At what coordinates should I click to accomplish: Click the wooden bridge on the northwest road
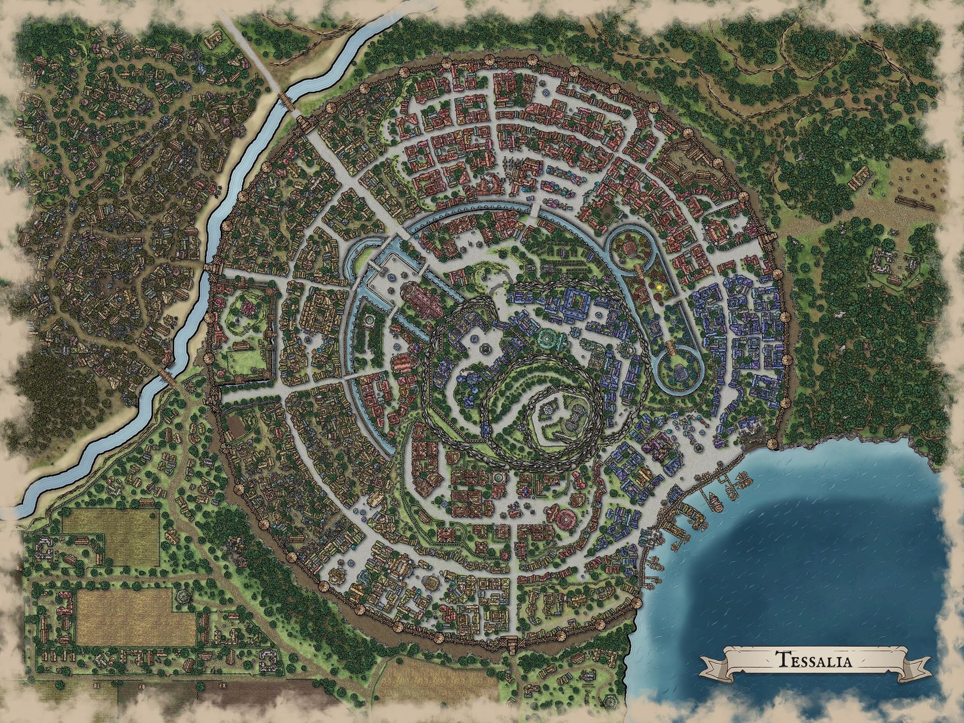point(286,100)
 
